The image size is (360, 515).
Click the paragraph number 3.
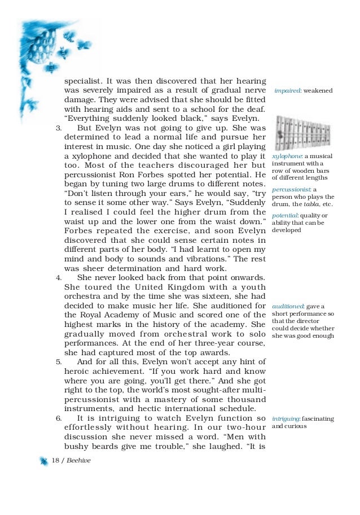pos(58,128)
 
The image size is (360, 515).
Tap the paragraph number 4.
pos(58,277)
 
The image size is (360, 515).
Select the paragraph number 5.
pos(58,361)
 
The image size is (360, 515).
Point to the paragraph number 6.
pos(58,418)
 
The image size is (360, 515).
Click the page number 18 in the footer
pos(55,461)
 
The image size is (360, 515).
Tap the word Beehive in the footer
pos(78,461)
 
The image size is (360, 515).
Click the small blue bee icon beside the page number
pos(43,461)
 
